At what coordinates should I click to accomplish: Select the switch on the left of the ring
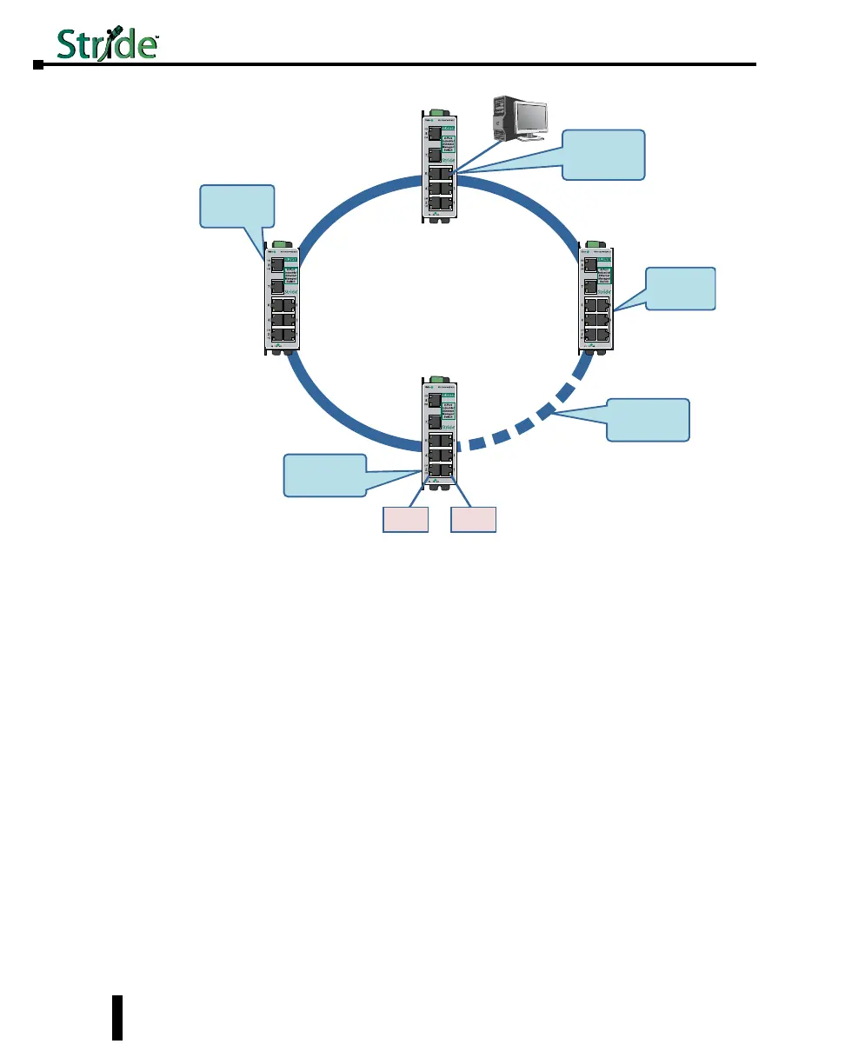[283, 297]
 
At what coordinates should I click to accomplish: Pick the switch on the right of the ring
[596, 297]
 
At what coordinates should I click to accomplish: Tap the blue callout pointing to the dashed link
[648, 419]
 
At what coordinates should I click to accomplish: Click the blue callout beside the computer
[603, 154]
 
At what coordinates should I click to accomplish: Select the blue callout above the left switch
[237, 205]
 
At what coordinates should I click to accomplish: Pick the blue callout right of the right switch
[681, 289]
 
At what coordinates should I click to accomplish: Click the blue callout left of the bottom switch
[325, 475]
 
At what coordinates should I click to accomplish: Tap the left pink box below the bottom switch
[406, 520]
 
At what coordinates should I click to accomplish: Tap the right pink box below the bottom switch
[473, 520]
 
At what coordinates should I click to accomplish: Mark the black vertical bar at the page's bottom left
[117, 1017]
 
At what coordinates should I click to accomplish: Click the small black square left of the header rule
[37, 64]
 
